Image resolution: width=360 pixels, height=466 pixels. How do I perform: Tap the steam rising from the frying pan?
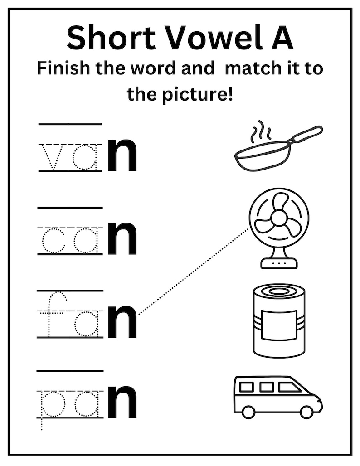tap(261, 131)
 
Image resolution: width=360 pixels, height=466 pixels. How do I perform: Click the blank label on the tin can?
tap(279, 325)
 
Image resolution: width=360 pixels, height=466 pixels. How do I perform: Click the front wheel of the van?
tap(306, 412)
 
